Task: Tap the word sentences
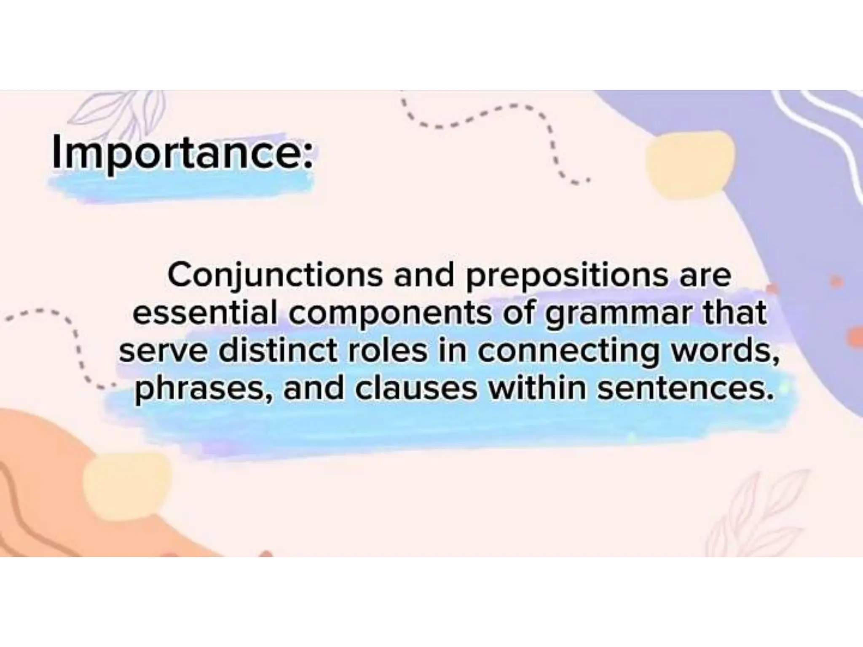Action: pos(686,388)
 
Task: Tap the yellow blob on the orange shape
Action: pos(126,480)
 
